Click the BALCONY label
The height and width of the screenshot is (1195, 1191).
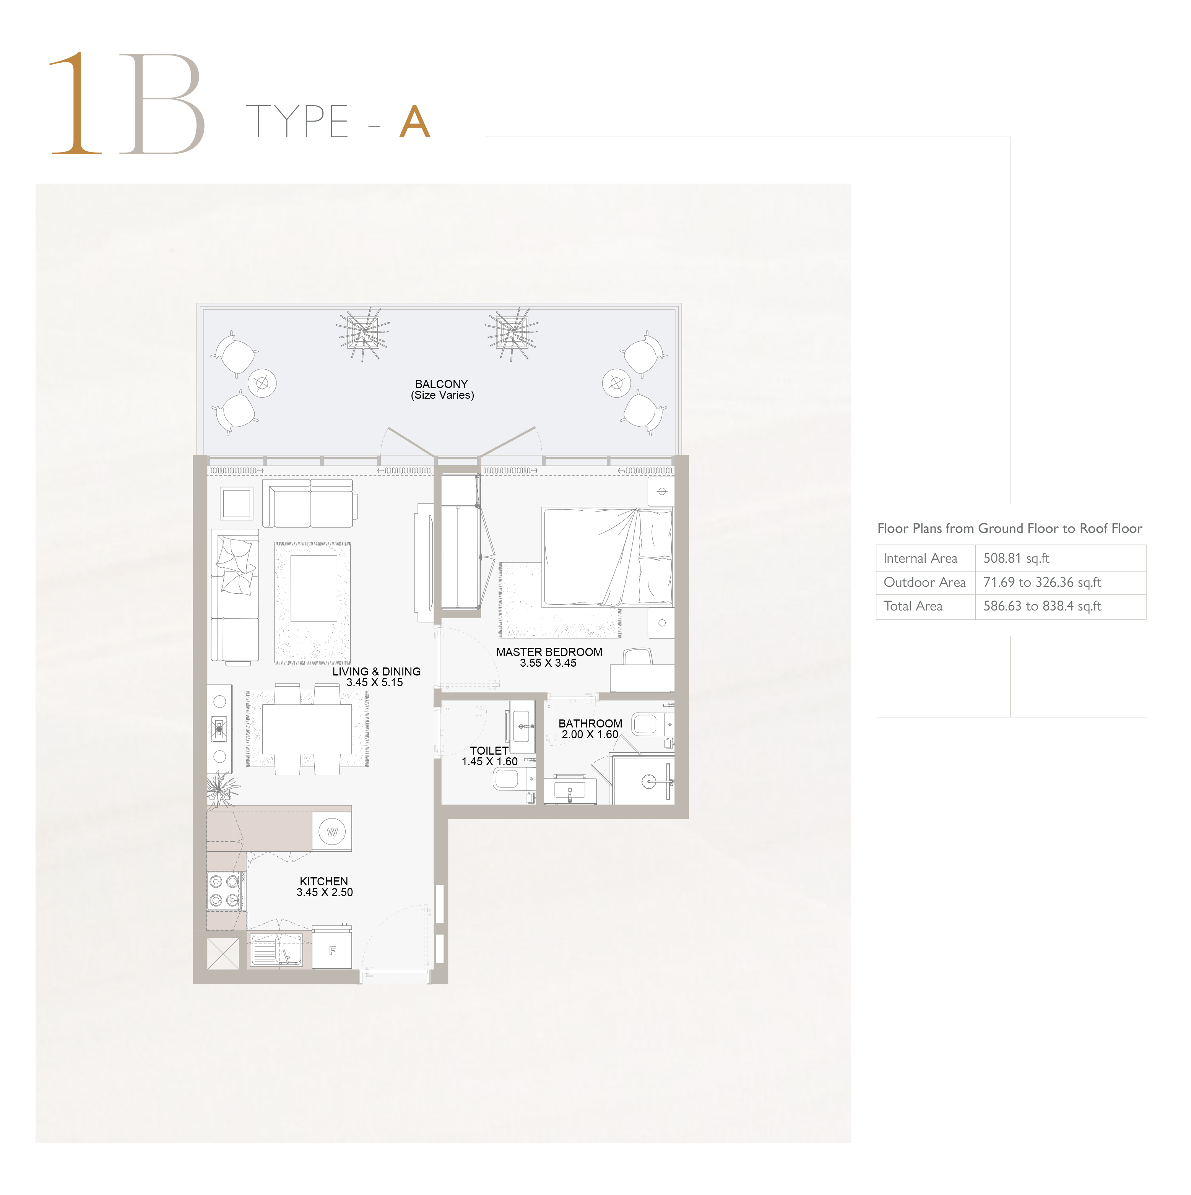[x=442, y=384]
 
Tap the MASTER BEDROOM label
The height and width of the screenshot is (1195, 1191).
[x=549, y=652]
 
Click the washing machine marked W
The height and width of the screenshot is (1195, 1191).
[x=332, y=832]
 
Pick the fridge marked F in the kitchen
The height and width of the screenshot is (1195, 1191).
[x=332, y=950]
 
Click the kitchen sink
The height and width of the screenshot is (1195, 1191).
[x=276, y=950]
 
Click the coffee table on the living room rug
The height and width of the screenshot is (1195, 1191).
[x=314, y=588]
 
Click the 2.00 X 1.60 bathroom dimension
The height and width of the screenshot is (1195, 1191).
[x=590, y=734]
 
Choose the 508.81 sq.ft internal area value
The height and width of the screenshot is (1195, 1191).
[x=1017, y=558]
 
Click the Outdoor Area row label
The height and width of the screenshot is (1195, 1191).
[x=925, y=582]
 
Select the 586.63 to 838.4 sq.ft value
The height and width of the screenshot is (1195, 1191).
[x=1043, y=606]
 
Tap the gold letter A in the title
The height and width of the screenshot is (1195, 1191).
[x=414, y=122]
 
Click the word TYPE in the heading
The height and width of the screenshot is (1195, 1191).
[x=297, y=121]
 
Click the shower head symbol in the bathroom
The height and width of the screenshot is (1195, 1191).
[x=647, y=782]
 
